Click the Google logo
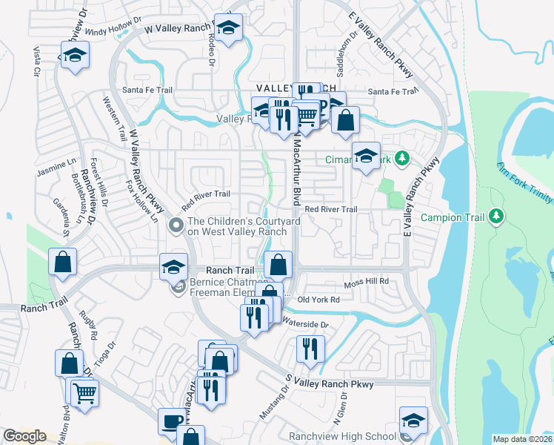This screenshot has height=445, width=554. point(25,436)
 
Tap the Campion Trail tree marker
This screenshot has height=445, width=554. point(495,217)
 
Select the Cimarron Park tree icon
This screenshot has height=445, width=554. point(401,158)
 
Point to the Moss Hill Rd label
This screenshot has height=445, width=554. point(366,284)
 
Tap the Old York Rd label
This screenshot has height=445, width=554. point(318,300)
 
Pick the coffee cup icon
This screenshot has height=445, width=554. point(172,421)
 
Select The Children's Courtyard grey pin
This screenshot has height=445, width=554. point(176,224)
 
